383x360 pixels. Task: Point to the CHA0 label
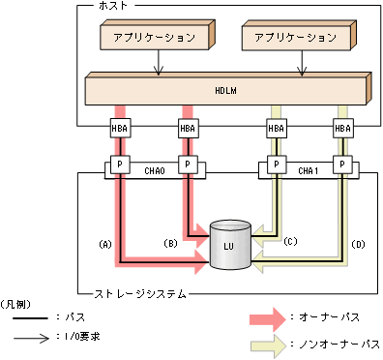tap(155, 170)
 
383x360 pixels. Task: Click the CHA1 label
tap(308, 170)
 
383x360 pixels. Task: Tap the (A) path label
tap(106, 245)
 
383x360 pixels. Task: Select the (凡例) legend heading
tap(18, 304)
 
